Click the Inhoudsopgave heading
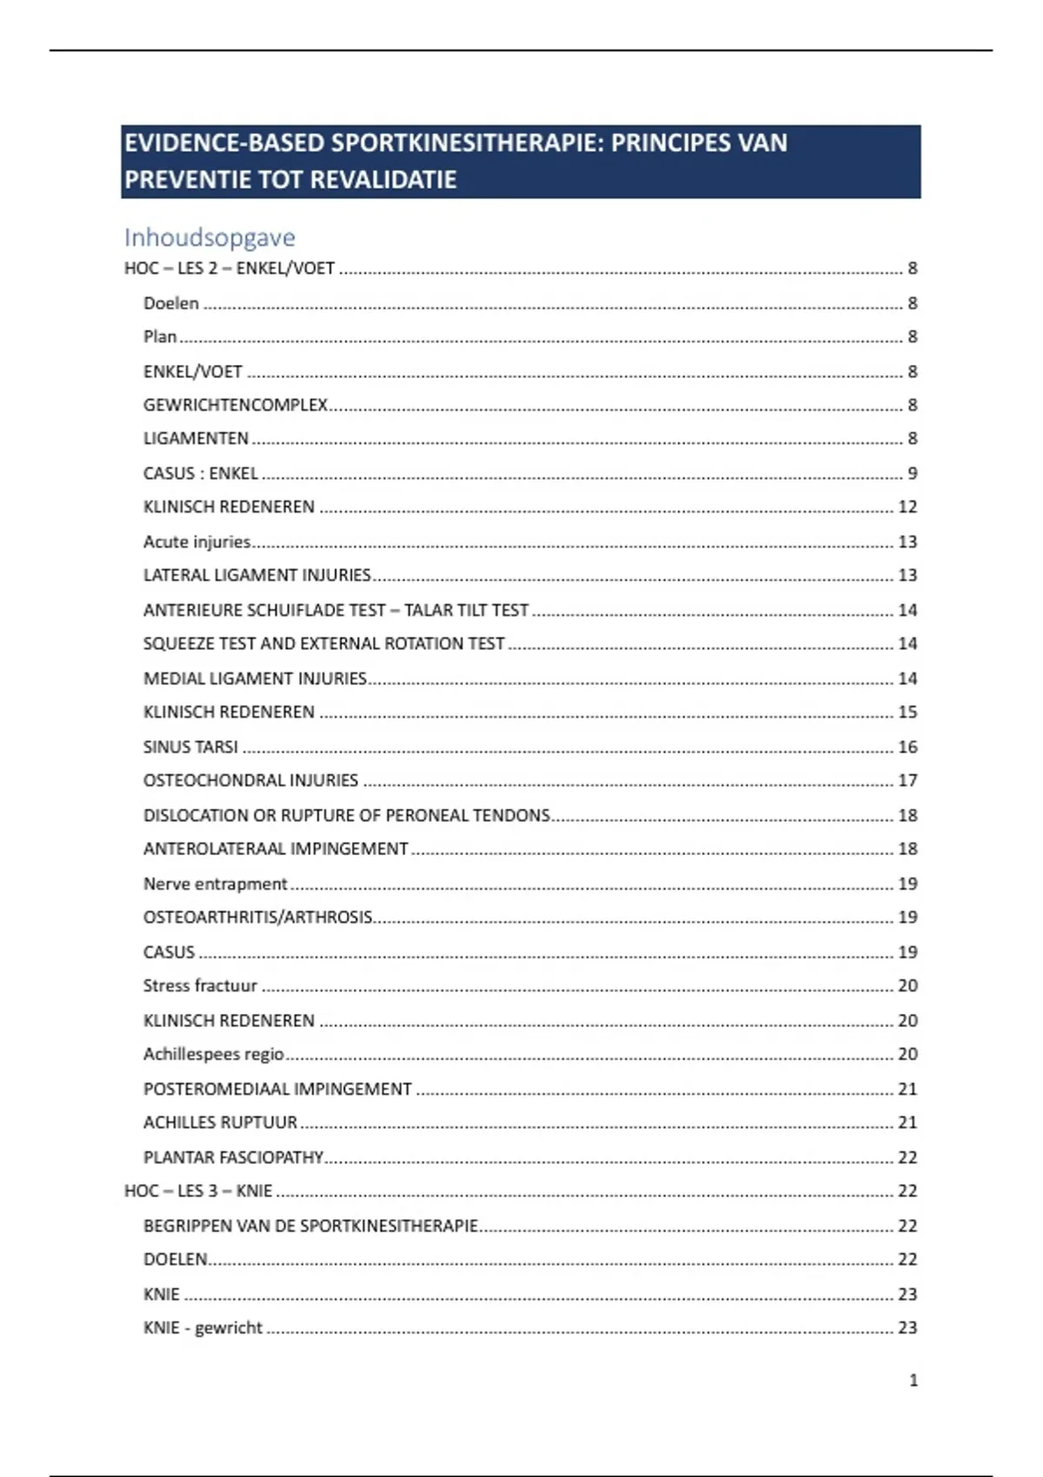coord(209,237)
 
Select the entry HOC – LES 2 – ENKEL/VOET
coord(229,268)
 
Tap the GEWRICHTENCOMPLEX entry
coord(236,405)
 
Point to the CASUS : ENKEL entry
coord(201,474)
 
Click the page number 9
coord(912,474)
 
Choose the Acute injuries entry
coord(197,542)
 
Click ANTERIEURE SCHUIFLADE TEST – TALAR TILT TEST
coord(335,611)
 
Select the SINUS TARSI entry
coord(190,747)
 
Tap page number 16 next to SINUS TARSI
coord(907,747)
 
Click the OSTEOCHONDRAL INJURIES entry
coord(250,780)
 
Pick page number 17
coord(907,780)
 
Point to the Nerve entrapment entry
coord(215,884)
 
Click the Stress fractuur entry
coord(200,985)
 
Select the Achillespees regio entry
coord(214,1054)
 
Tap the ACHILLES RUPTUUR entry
coord(220,1123)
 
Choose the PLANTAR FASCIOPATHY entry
coord(233,1157)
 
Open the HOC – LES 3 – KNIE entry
coord(198,1190)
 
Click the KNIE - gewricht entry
coord(203,1328)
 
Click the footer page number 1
coord(913,1380)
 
